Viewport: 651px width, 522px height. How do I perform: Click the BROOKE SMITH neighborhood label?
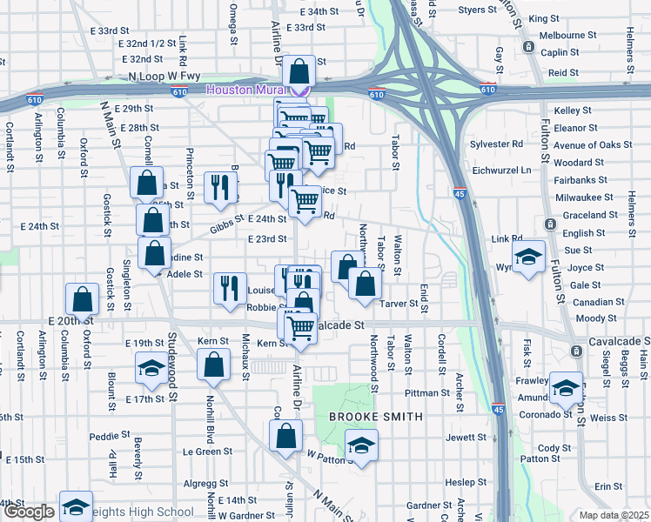coord(375,417)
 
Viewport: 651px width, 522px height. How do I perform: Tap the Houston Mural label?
coord(247,90)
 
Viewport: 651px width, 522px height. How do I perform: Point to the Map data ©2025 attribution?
coord(613,515)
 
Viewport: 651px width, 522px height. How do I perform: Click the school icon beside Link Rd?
coord(528,257)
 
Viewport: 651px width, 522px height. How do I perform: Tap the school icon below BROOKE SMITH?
coord(359,447)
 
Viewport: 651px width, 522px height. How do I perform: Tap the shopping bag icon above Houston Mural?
coord(299,70)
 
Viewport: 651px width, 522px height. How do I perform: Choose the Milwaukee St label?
coord(585,197)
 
